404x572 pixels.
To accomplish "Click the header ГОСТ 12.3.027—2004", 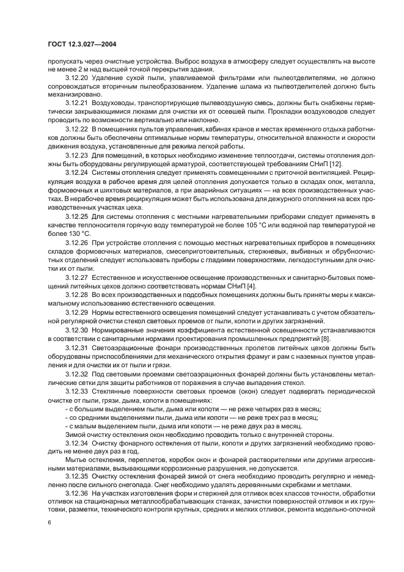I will click(x=83, y=43).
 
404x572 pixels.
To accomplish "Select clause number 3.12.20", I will click(x=77, y=78).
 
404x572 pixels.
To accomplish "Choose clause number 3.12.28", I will click(x=77, y=295).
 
